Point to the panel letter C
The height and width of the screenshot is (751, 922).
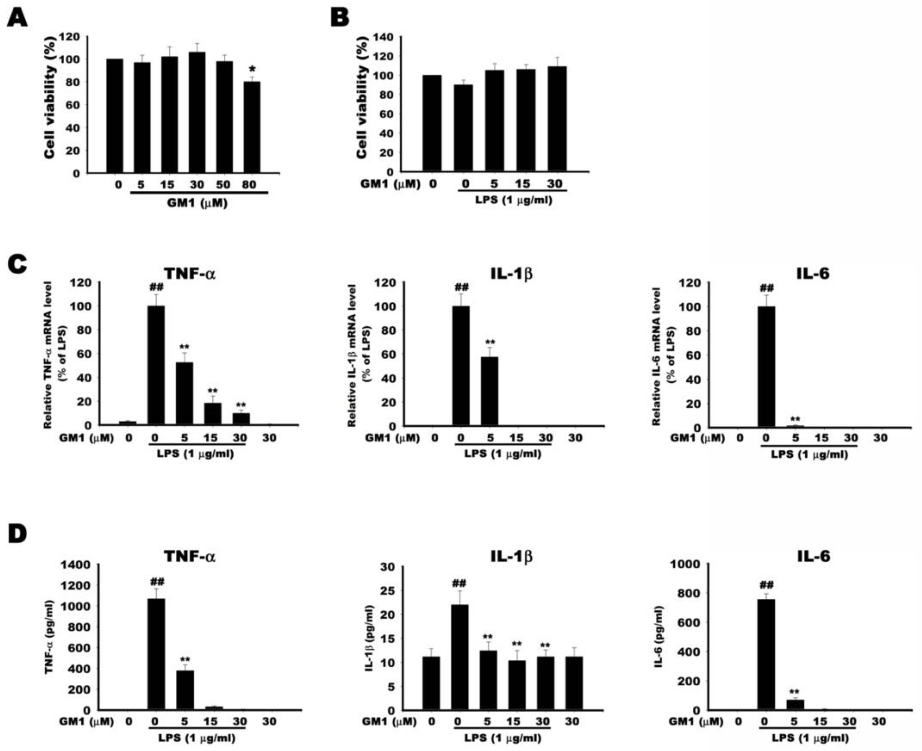(17, 265)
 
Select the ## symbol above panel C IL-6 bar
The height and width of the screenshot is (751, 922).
(766, 288)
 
